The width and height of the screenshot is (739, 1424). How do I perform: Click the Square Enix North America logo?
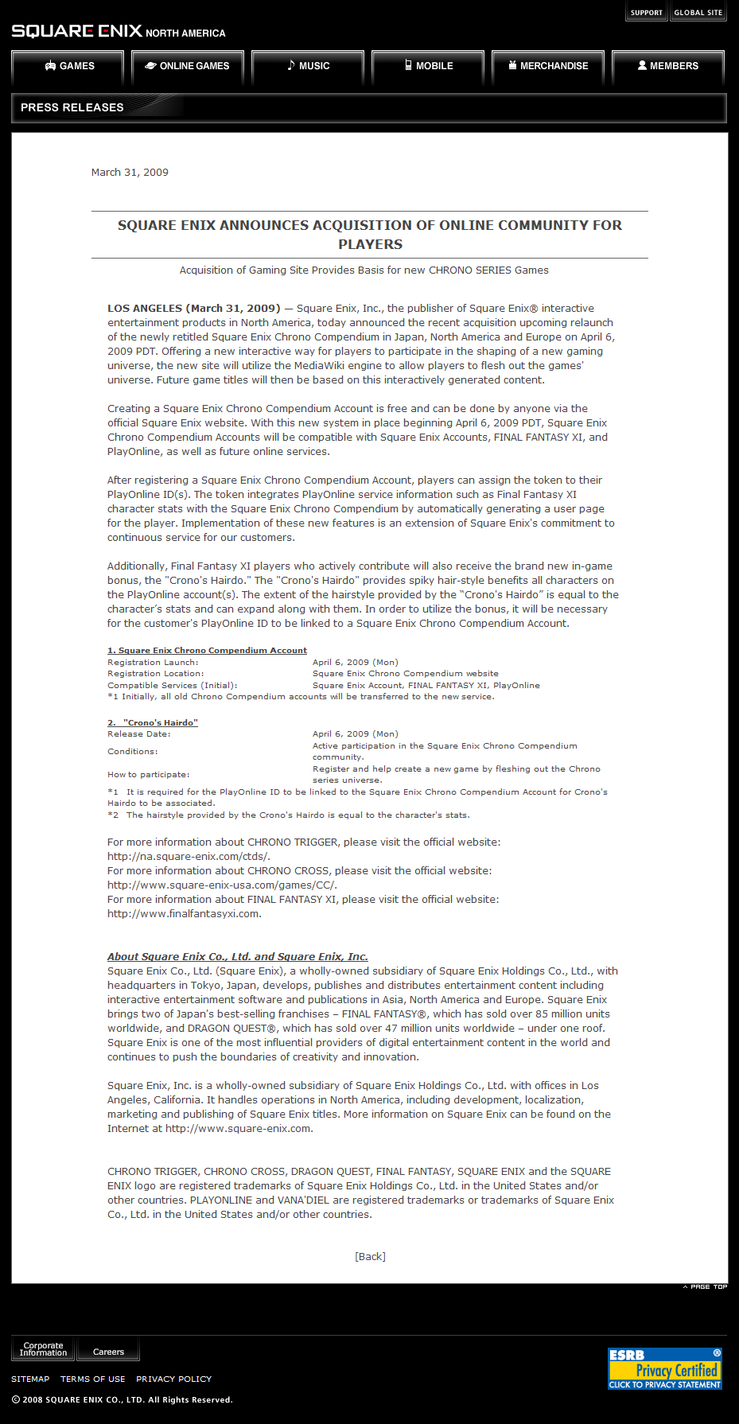coord(118,32)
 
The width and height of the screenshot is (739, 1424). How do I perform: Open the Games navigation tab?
coord(68,66)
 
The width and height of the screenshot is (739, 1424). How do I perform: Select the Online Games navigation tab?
coord(188,66)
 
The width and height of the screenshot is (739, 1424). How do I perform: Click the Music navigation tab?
coord(308,66)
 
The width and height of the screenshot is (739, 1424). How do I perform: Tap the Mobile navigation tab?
coord(428,66)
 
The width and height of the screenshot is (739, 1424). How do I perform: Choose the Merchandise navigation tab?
coord(548,66)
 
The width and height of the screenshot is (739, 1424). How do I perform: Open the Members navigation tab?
coord(668,66)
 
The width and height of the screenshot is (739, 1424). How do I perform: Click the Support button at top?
coord(646,13)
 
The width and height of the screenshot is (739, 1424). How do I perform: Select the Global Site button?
coord(698,13)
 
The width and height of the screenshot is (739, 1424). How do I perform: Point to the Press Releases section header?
coord(72,107)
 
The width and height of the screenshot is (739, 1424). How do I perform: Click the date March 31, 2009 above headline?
coord(130,173)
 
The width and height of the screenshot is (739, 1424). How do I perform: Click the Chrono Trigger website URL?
coord(189,857)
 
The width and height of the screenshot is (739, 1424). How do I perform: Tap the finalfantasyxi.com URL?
coord(184,914)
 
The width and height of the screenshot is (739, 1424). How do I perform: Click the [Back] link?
coord(370,1257)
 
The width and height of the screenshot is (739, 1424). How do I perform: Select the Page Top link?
coord(706,1286)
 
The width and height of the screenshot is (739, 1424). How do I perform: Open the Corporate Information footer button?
coord(43,1349)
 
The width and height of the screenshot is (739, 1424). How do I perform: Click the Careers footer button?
coord(108,1352)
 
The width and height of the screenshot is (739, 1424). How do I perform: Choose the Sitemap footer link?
coord(30,1379)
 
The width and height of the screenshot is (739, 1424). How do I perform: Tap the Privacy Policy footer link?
coord(173,1379)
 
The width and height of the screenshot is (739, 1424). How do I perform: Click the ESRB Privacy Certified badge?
coord(665,1368)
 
